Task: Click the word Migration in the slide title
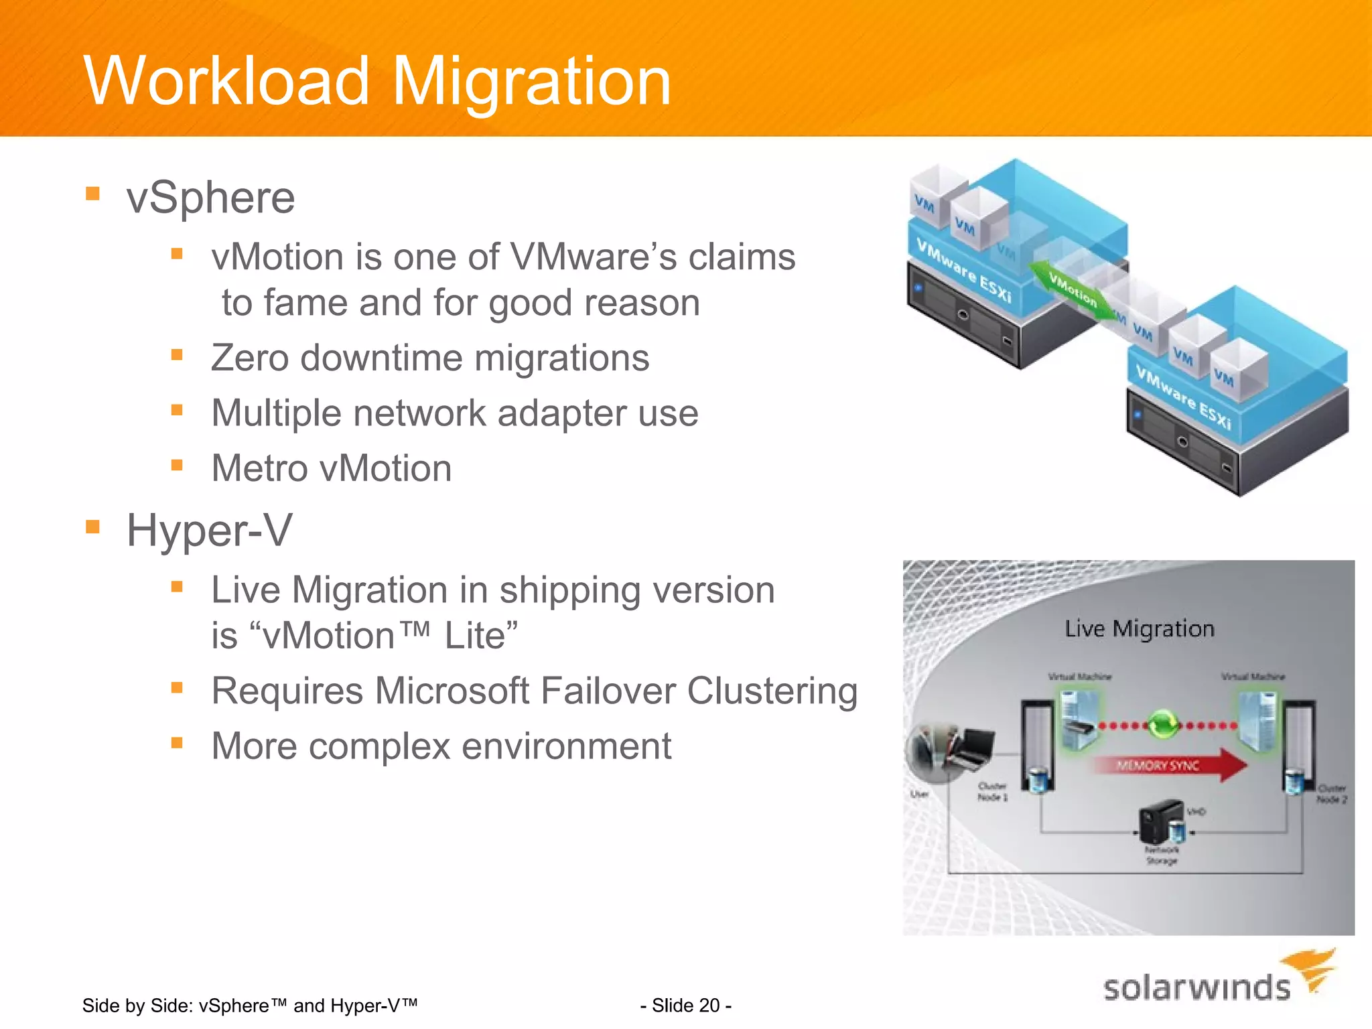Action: pyautogui.click(x=531, y=82)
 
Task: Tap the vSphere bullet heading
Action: pyautogui.click(x=210, y=198)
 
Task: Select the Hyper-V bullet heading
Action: pyautogui.click(x=209, y=531)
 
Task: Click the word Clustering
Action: pyautogui.click(x=772, y=691)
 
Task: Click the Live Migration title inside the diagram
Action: pyautogui.click(x=1139, y=628)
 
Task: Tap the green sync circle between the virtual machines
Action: pyautogui.click(x=1164, y=724)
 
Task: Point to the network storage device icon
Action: pyautogui.click(x=1162, y=821)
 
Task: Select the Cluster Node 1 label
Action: pyautogui.click(x=992, y=791)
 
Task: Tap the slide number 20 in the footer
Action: pyautogui.click(x=685, y=1006)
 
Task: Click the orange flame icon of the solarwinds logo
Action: pyautogui.click(x=1310, y=969)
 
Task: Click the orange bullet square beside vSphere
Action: pyautogui.click(x=92, y=194)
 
